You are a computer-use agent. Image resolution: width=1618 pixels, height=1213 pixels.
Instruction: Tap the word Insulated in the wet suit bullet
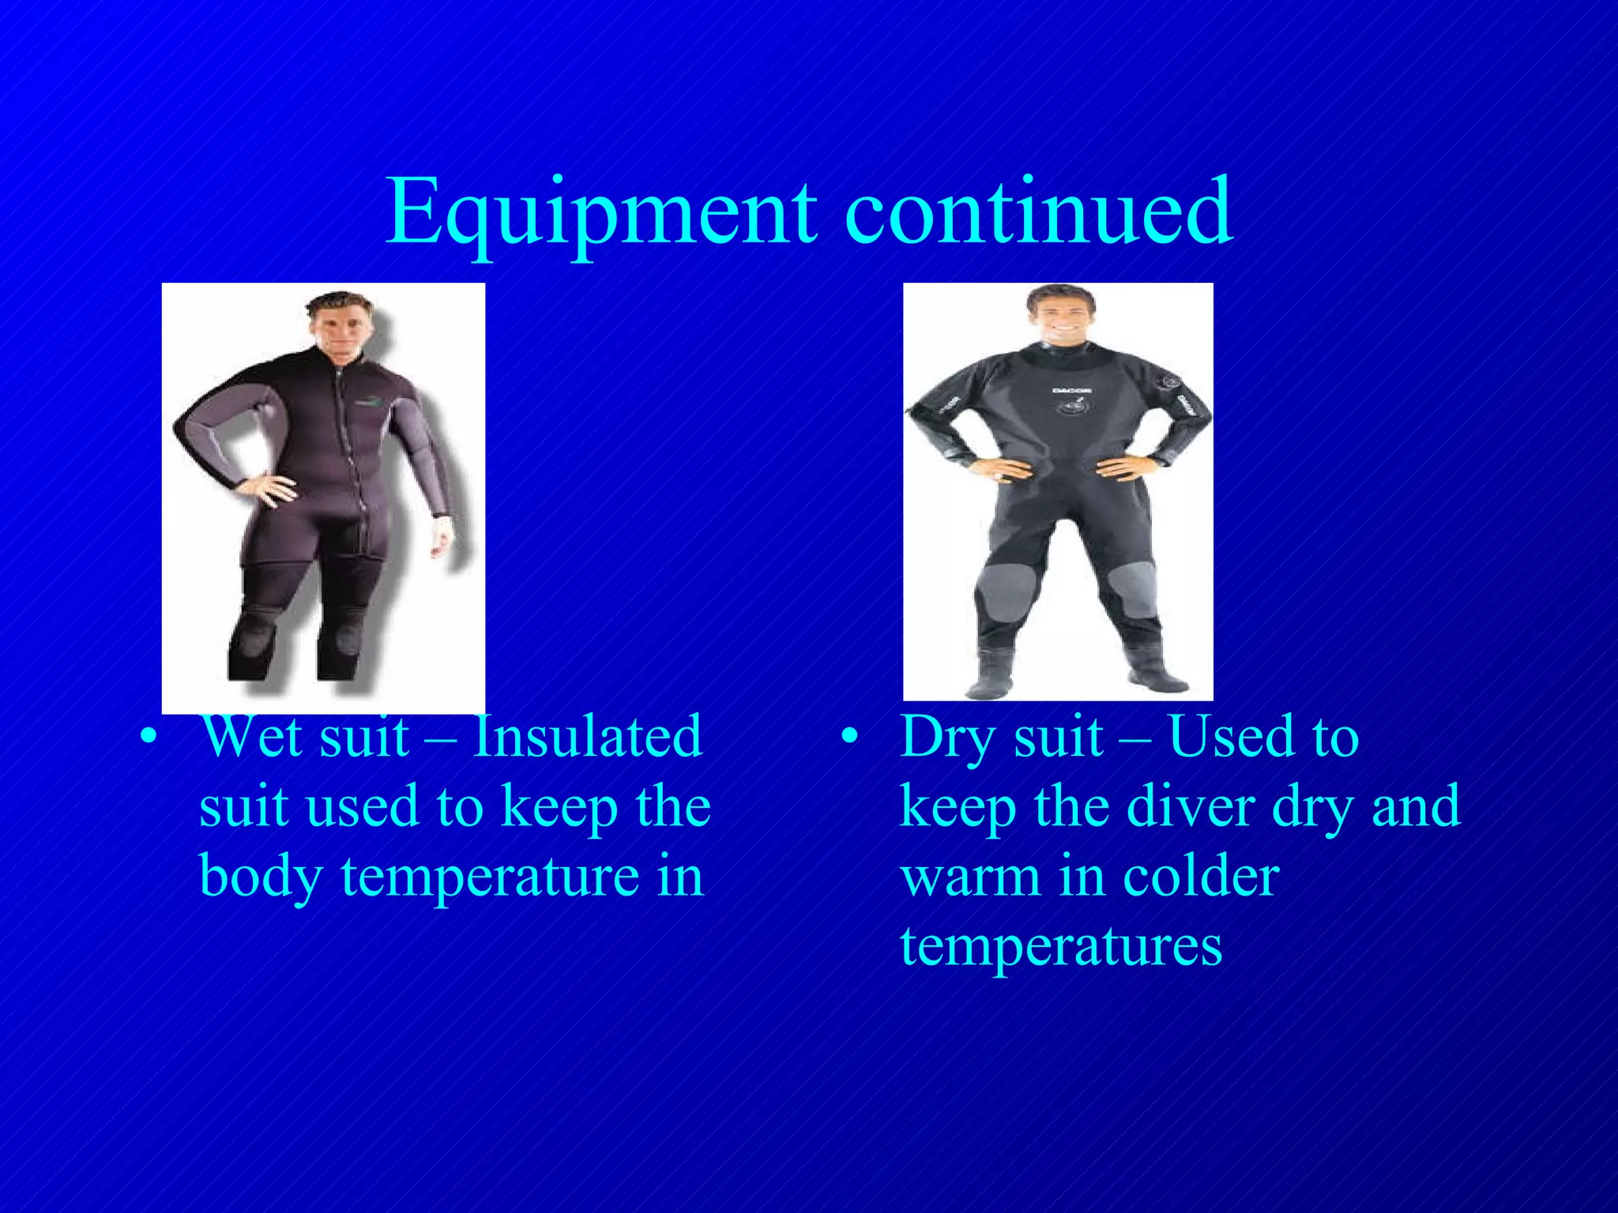coord(587,737)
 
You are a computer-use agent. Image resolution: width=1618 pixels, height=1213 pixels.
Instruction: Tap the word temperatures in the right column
coord(1061,945)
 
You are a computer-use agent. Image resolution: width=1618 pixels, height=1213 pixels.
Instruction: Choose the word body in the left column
coord(260,877)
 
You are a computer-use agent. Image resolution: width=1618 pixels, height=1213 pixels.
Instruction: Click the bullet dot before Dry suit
coord(849,738)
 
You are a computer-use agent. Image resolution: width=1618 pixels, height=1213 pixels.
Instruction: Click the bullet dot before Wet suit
coord(148,738)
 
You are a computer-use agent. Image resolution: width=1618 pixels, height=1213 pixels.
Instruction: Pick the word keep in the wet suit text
coord(560,808)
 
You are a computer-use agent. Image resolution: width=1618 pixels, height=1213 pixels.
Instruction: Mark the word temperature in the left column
coord(490,876)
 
